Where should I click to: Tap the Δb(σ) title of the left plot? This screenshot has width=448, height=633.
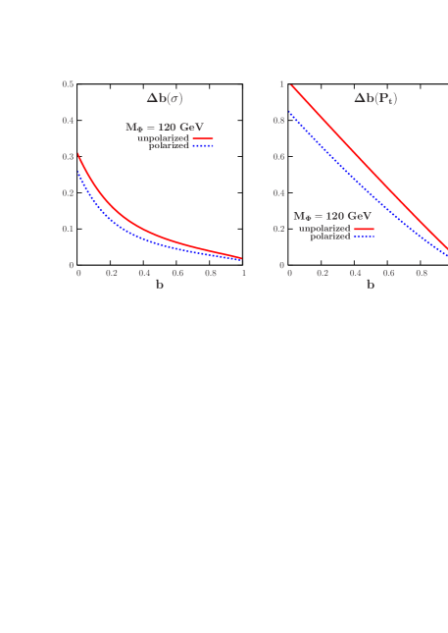click(x=165, y=98)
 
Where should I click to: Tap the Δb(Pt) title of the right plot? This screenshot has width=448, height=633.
click(x=375, y=98)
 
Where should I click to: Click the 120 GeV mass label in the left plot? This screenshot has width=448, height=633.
click(x=164, y=127)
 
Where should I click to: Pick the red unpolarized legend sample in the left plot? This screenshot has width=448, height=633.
click(x=203, y=137)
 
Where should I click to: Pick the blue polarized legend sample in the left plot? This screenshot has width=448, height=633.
click(x=203, y=145)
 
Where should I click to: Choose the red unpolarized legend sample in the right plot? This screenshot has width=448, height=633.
click(x=364, y=229)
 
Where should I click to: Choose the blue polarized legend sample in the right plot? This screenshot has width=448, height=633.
click(x=364, y=237)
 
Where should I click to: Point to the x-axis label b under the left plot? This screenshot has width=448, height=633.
click(x=159, y=285)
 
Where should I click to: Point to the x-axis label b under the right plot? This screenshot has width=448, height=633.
click(x=370, y=285)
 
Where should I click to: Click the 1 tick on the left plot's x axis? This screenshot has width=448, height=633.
click(x=242, y=273)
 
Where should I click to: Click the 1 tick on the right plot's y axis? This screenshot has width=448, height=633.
click(x=281, y=84)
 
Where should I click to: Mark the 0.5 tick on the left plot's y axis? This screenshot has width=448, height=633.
click(x=68, y=84)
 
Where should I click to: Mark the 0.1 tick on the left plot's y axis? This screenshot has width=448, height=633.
click(x=68, y=229)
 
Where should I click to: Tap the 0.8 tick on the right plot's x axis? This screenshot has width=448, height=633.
click(x=422, y=273)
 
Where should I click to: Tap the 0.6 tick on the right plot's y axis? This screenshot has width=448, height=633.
click(x=278, y=157)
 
